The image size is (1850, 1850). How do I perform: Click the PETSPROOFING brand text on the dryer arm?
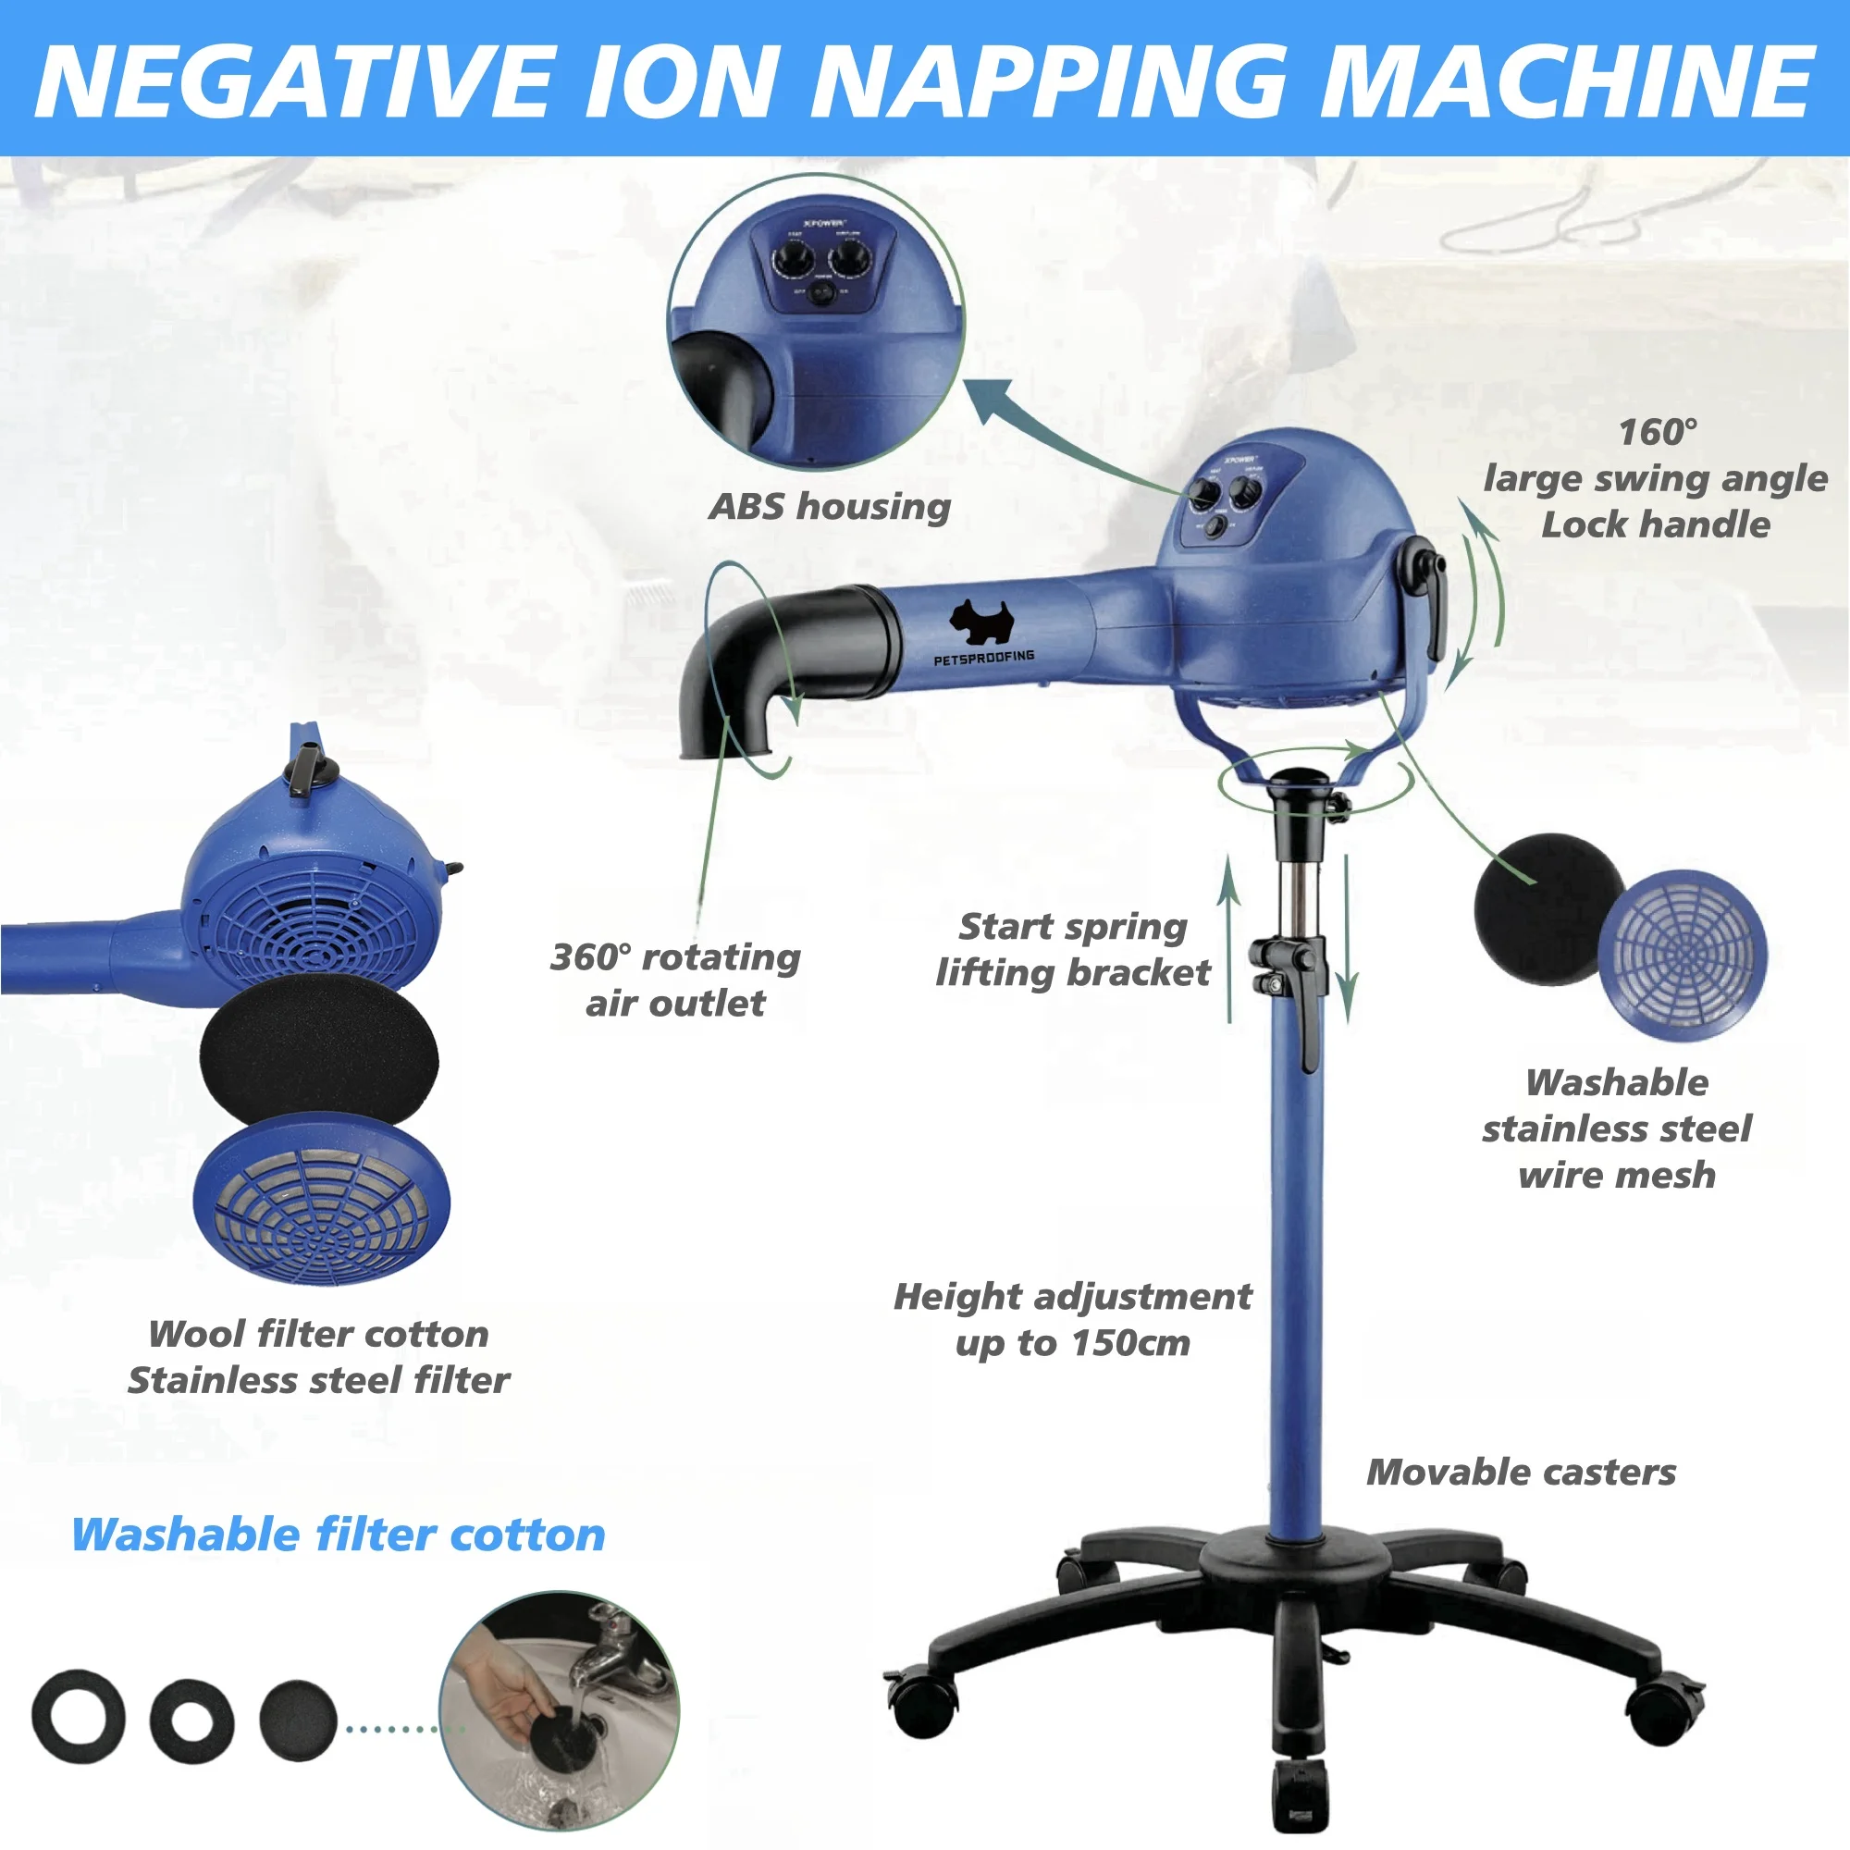point(983,657)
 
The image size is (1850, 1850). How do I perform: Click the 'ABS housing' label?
point(829,507)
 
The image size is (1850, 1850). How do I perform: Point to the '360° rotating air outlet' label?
point(675,980)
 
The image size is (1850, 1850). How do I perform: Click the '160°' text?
point(1658,432)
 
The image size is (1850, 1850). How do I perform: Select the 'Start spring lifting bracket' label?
point(1072,950)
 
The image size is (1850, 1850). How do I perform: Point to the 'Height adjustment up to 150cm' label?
point(1072,1320)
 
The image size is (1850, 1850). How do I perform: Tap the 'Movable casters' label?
point(1521,1472)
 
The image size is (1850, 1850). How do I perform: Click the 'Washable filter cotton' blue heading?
point(338,1534)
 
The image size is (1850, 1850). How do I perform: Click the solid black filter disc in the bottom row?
point(298,1720)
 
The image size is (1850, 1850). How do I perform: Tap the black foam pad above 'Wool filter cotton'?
point(319,1055)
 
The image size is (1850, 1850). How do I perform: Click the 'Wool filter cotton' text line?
point(318,1334)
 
